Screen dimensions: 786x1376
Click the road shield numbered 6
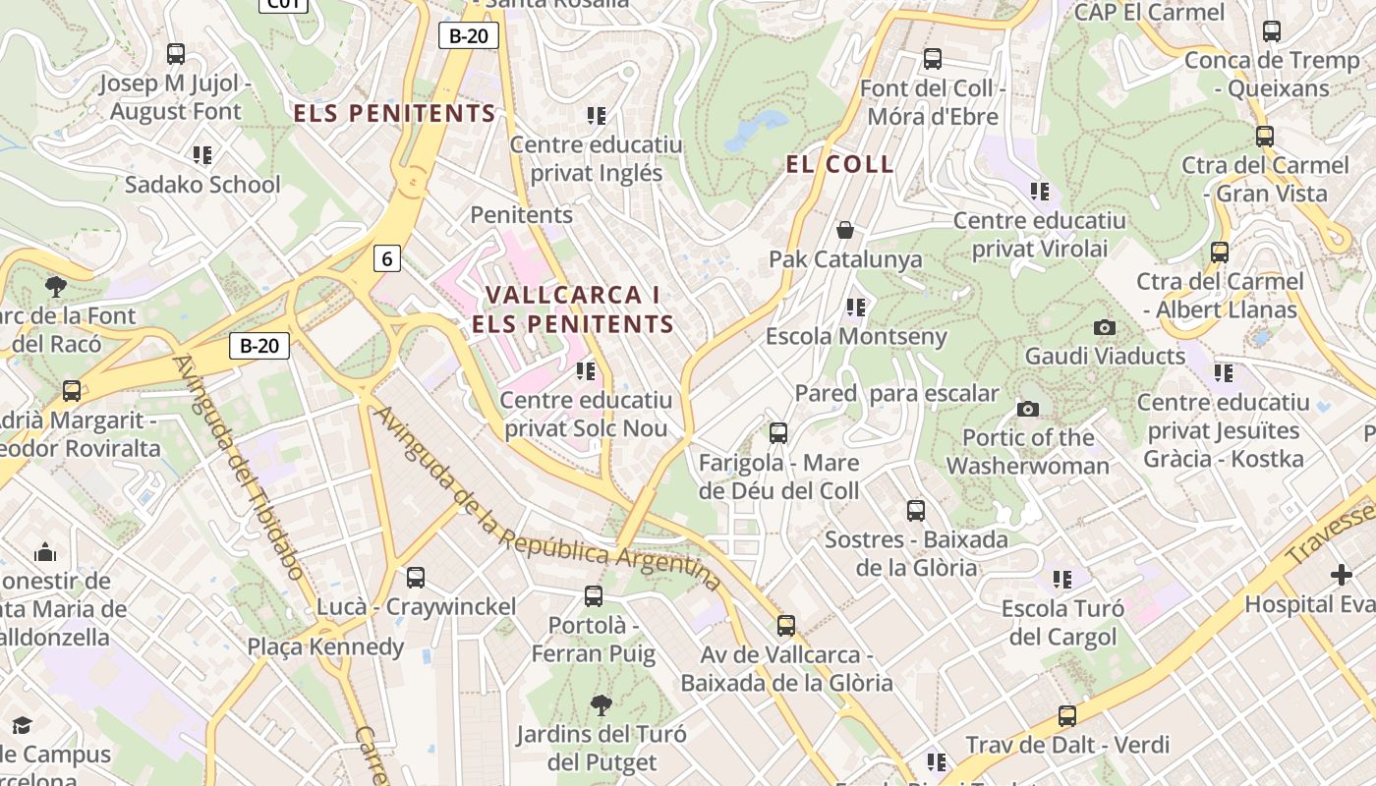pos(387,259)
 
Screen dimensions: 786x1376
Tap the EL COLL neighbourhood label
pos(840,164)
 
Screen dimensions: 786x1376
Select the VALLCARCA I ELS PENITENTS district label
pos(573,309)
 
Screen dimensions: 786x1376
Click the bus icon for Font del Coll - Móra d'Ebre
pos(932,59)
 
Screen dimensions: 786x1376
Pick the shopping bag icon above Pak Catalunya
pos(844,230)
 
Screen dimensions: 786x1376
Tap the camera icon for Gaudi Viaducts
pos(1105,327)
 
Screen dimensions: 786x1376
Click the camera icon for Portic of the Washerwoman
pos(1028,409)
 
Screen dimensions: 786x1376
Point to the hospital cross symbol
pos(1341,575)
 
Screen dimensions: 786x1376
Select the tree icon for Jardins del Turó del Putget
pos(601,704)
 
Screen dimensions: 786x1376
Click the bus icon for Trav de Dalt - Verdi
pos(1067,716)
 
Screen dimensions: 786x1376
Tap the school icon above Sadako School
pos(202,155)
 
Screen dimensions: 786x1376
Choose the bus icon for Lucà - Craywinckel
pos(416,578)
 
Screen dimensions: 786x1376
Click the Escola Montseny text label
pos(856,336)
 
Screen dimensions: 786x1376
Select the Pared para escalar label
pos(896,394)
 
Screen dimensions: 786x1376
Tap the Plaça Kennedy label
pos(325,646)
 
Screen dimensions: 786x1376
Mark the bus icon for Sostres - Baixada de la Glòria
pos(916,511)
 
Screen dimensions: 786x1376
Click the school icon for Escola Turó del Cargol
pos(1062,580)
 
